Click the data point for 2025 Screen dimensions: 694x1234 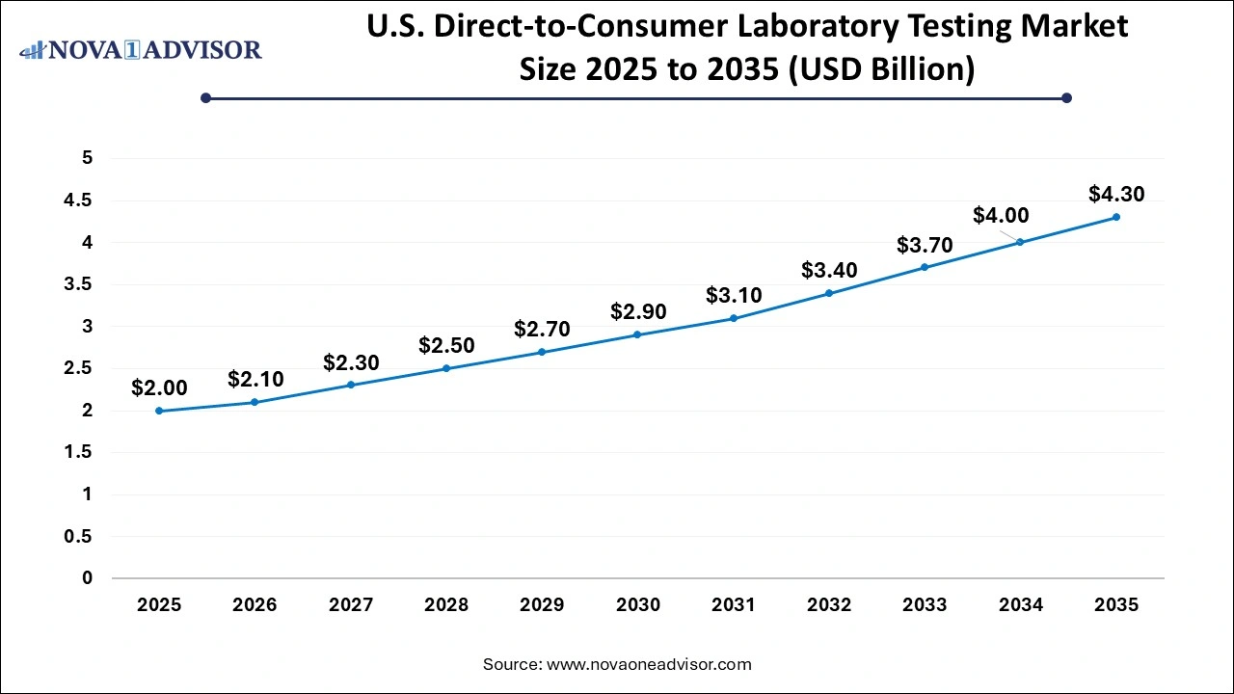pyautogui.click(x=159, y=411)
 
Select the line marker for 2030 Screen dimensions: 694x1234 pyautogui.click(x=637, y=334)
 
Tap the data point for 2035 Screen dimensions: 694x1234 pyautogui.click(x=1116, y=217)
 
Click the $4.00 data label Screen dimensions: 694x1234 pyautogui.click(x=1001, y=216)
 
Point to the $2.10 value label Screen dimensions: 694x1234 pyautogui.click(x=255, y=380)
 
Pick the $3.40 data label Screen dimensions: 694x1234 pyautogui.click(x=829, y=270)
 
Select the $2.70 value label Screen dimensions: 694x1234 pyautogui.click(x=542, y=329)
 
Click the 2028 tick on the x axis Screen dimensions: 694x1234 pyautogui.click(x=446, y=605)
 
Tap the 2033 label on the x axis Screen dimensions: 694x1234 pyautogui.click(x=925, y=605)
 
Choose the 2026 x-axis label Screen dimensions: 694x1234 pyautogui.click(x=255, y=605)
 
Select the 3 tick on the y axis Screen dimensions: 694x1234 pyautogui.click(x=87, y=327)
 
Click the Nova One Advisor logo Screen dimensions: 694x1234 pyautogui.click(x=142, y=49)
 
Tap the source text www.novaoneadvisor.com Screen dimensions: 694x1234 pyautogui.click(x=649, y=664)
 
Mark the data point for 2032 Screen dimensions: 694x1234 pyautogui.click(x=829, y=293)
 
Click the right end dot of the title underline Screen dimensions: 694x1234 pyautogui.click(x=1066, y=97)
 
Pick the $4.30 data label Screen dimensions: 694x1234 pyautogui.click(x=1116, y=194)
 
